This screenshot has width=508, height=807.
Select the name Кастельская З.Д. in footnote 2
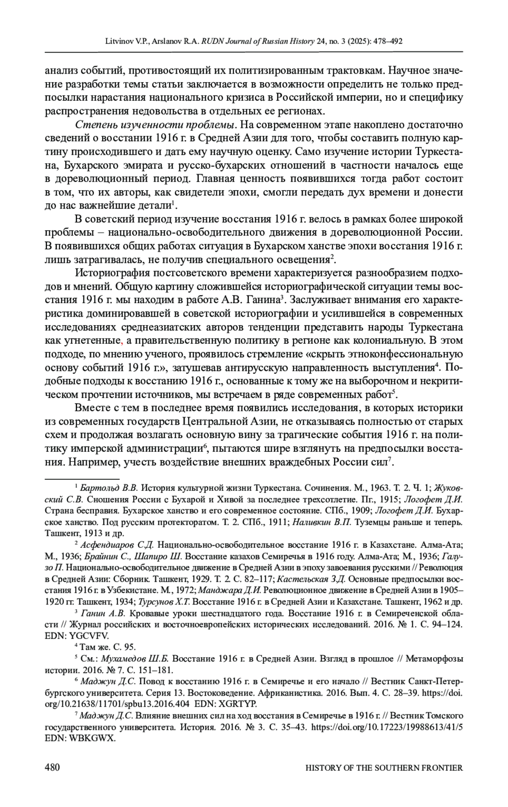click(x=311, y=579)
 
